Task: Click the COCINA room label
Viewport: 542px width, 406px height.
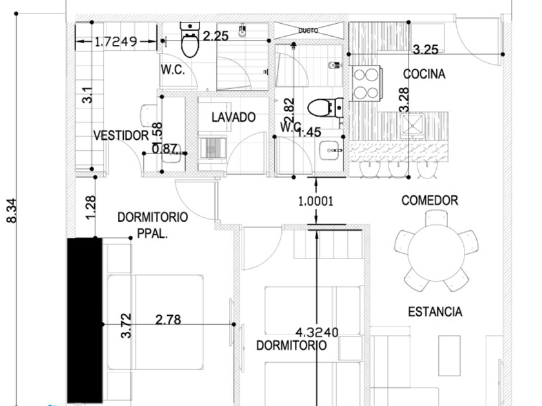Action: point(424,74)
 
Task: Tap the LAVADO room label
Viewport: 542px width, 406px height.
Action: point(234,118)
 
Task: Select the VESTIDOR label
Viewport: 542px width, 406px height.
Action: point(121,136)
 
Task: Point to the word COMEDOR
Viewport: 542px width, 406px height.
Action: point(430,200)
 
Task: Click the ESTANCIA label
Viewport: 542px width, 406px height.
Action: point(435,312)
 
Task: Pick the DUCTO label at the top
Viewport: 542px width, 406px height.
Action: point(308,30)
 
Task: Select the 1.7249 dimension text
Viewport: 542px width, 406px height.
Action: point(115,43)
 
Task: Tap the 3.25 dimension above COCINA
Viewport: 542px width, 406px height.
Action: point(427,49)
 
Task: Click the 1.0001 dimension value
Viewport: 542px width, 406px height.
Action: point(315,201)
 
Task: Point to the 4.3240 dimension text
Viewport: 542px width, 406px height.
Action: point(317,332)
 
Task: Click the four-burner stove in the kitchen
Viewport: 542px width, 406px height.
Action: point(365,82)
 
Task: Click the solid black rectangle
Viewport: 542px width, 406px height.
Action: point(85,319)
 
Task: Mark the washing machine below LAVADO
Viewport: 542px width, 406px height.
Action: point(212,148)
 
